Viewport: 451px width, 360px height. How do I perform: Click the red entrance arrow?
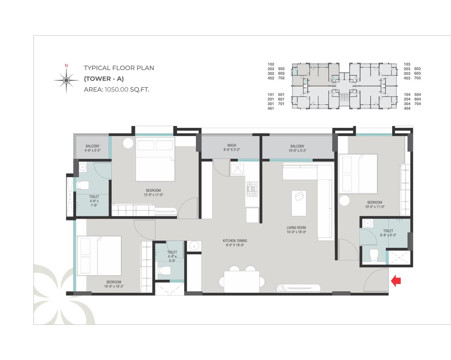point(396,281)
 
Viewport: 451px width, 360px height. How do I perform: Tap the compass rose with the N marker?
point(66,80)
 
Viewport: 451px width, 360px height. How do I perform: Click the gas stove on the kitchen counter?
point(252,189)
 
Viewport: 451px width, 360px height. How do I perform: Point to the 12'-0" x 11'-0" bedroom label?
point(152,192)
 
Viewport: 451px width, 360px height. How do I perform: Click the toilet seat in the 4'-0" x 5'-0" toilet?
point(164,271)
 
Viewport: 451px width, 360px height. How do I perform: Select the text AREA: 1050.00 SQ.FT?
point(117,89)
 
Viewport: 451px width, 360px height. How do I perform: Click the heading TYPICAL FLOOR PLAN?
point(119,68)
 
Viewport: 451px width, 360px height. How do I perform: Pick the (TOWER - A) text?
point(104,79)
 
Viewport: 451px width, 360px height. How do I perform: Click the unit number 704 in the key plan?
point(418,104)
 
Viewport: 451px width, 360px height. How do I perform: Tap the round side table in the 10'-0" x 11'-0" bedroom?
point(345,201)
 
